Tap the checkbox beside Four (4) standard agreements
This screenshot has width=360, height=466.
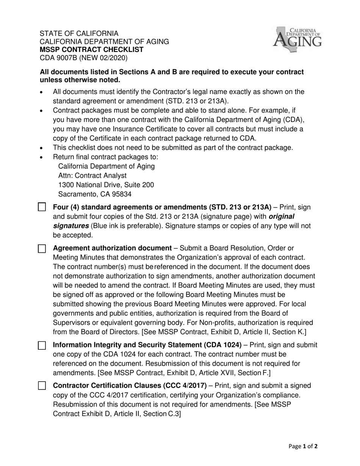click(x=42, y=207)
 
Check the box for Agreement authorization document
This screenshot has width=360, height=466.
click(x=42, y=249)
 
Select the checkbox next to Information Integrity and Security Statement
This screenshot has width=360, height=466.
click(x=42, y=345)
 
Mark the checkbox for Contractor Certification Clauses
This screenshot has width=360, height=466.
click(x=42, y=386)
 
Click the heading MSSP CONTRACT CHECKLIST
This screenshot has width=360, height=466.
click(x=92, y=50)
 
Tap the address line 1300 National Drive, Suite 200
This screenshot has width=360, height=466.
click(x=106, y=185)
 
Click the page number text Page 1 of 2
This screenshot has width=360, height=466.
click(x=303, y=446)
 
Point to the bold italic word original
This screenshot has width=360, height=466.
click(x=282, y=216)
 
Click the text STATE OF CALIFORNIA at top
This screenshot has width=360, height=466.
click(x=79, y=33)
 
